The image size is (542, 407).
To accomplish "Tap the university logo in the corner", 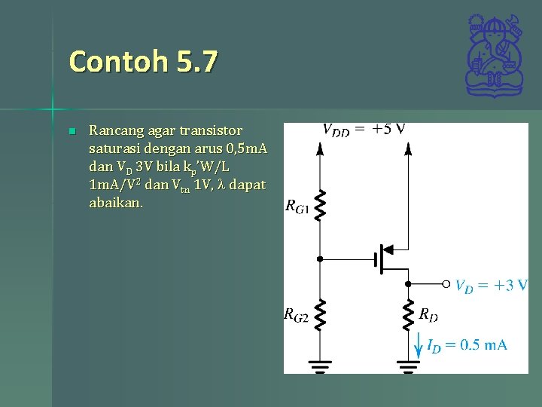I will pyautogui.click(x=494, y=56).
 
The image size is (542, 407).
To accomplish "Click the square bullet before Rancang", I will pyautogui.click(x=72, y=132).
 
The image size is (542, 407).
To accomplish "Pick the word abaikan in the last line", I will pyautogui.click(x=114, y=203).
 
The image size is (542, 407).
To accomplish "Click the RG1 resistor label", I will pyautogui.click(x=297, y=206).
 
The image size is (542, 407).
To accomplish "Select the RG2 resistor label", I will pyautogui.click(x=296, y=316).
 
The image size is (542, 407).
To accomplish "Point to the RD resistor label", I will pyautogui.click(x=428, y=313).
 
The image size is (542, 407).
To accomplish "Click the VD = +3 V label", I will pyautogui.click(x=492, y=286).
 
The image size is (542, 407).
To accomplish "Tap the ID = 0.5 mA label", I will pyautogui.click(x=467, y=346).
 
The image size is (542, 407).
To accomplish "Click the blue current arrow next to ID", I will pyautogui.click(x=419, y=345).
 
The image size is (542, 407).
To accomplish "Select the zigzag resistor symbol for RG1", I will pyautogui.click(x=320, y=206).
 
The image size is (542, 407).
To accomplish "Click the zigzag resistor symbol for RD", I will pyautogui.click(x=409, y=315).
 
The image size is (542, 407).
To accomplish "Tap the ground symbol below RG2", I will pyautogui.click(x=320, y=367).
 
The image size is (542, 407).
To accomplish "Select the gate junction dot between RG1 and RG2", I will pyautogui.click(x=320, y=259).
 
